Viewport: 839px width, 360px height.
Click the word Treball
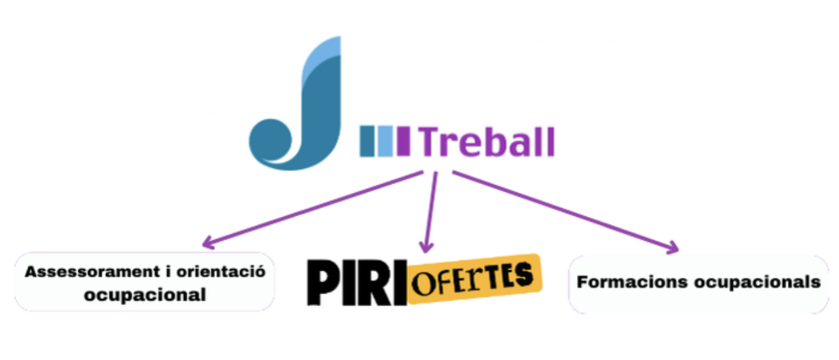point(487,142)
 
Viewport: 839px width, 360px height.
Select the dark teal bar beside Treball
point(368,141)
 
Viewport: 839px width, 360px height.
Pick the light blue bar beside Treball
point(386,141)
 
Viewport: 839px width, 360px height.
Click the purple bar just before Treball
point(404,141)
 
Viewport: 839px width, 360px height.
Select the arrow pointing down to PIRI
point(430,212)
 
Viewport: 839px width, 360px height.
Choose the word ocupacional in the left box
point(144,295)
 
